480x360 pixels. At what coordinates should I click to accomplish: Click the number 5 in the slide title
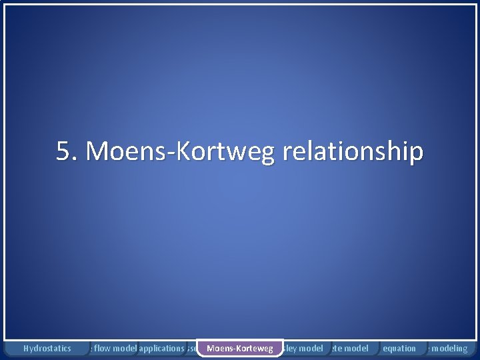[63, 152]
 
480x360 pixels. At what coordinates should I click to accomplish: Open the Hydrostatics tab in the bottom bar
[47, 348]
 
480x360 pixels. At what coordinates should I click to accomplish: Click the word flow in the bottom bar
[101, 348]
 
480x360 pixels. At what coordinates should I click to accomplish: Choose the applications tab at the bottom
[161, 348]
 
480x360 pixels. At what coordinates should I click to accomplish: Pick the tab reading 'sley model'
[303, 348]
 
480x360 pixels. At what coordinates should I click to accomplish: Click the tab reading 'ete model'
[349, 348]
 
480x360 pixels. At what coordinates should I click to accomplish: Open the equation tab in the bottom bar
[399, 348]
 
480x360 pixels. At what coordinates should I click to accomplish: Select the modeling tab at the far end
[451, 348]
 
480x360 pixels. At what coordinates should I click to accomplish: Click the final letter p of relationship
[416, 155]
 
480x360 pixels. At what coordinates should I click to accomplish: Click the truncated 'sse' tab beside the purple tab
[191, 348]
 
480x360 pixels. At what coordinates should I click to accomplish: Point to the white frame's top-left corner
[6, 5]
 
